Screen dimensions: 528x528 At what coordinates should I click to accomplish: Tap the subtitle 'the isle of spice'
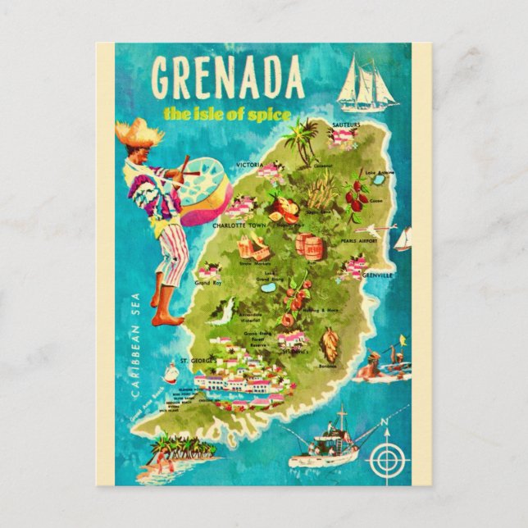point(226,113)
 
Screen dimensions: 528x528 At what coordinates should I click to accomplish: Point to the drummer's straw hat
point(139,130)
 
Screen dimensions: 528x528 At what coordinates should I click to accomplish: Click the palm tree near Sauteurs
point(308,139)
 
